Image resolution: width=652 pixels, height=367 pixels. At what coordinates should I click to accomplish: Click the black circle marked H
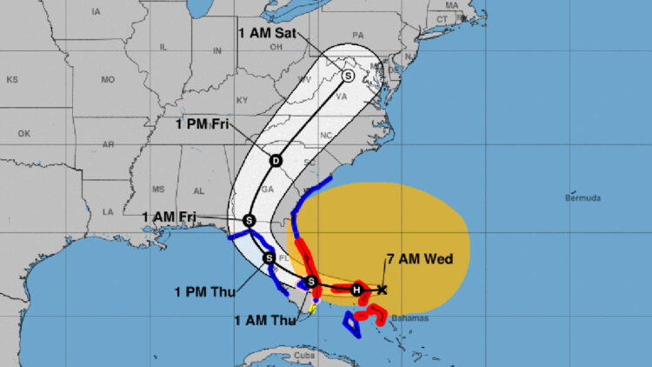point(356,289)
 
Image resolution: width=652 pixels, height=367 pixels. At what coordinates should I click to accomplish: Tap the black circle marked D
point(276,161)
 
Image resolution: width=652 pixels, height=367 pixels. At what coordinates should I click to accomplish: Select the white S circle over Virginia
point(349,76)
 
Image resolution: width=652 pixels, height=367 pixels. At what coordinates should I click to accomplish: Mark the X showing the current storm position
point(382,289)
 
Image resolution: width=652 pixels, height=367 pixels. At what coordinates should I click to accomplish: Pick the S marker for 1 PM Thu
point(269,257)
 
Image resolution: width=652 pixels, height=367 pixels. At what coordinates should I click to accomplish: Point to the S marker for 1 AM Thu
point(312,281)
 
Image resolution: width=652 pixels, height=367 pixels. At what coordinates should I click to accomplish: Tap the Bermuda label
point(582,198)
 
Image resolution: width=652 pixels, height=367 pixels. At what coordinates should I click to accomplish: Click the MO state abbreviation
point(108,80)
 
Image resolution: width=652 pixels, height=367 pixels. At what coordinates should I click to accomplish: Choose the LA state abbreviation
point(108,211)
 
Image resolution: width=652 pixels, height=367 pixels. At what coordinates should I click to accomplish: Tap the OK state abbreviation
point(23,134)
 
